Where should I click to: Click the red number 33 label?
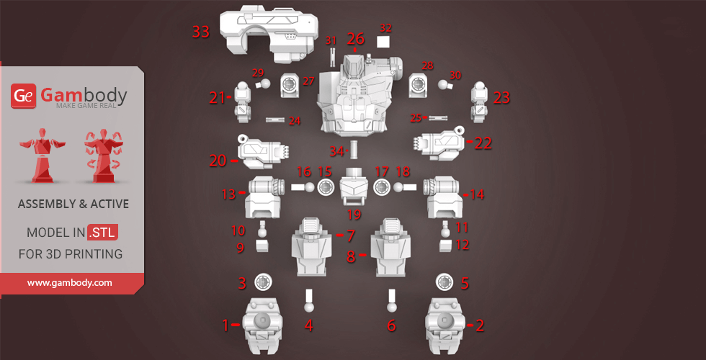201,32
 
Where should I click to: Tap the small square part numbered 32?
383,42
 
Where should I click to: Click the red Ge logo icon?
23,96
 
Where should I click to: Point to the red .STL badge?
102,233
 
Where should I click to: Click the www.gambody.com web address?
69,283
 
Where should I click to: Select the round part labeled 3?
262,282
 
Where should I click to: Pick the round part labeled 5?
444,282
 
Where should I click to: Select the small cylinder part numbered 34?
353,149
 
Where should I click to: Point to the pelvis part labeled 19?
353,186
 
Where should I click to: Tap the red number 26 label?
355,39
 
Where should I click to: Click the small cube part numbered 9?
262,245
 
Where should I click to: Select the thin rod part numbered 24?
275,120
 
